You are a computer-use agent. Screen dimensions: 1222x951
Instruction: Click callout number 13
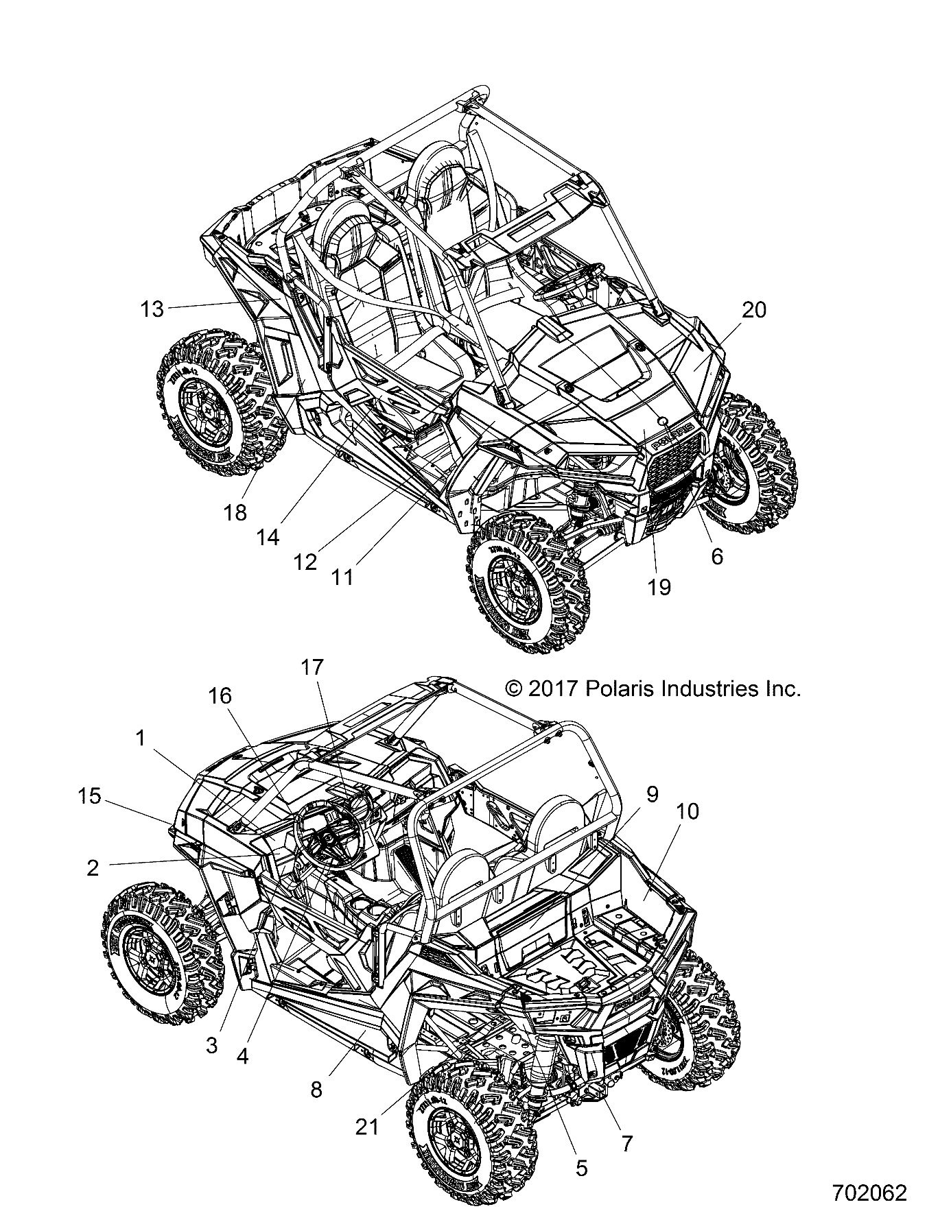click(152, 309)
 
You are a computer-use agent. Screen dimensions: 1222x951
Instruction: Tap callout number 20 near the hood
click(753, 310)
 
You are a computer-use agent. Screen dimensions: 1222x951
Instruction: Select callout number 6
click(716, 556)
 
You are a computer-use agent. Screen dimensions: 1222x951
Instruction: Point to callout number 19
click(659, 587)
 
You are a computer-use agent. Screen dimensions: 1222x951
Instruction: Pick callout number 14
click(268, 538)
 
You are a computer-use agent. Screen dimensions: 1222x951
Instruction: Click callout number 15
click(90, 796)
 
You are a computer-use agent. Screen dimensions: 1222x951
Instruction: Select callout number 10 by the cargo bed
click(687, 811)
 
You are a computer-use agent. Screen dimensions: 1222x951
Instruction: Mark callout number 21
click(367, 1127)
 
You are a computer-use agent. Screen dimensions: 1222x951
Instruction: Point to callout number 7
click(626, 1143)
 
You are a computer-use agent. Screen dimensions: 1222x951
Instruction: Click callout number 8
click(316, 1089)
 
